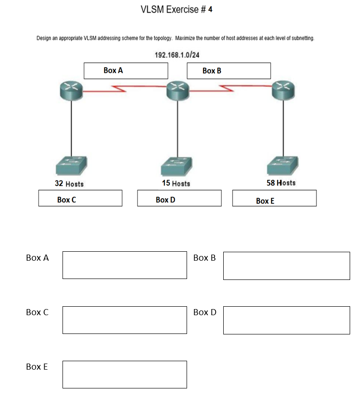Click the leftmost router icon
71,89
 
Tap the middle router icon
177,89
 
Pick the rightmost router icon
283,89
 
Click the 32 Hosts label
69,184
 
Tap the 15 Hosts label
176,183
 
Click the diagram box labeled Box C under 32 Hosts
80,198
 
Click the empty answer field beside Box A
125,265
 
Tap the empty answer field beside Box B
286,265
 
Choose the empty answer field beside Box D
286,320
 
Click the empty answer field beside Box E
125,374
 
